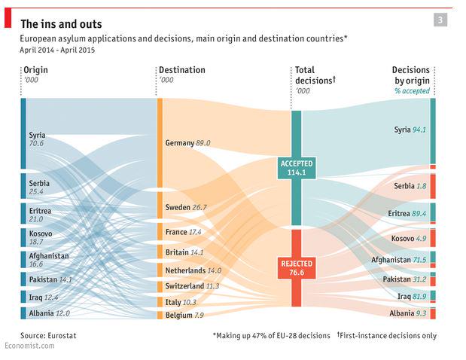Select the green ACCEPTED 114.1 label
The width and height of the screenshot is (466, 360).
coord(296,168)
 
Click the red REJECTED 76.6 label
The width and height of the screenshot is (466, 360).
coord(296,269)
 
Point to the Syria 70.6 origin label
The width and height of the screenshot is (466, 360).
coord(37,139)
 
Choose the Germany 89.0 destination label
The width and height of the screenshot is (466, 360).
coord(187,142)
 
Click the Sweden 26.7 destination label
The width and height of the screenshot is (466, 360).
coord(185,207)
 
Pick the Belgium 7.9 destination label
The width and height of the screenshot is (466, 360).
coord(184,315)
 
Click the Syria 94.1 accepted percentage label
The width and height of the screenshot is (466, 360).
coord(410,130)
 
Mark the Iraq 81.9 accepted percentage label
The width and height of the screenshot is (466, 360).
coord(412,297)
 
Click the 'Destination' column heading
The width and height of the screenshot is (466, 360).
coord(181,70)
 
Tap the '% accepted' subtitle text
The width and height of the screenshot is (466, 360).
coord(412,90)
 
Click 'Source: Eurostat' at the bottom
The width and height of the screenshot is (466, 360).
coord(48,336)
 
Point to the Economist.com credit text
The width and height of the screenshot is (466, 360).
coord(29,346)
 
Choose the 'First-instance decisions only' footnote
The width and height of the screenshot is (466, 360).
coord(387,336)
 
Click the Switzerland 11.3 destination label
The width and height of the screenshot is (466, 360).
coord(192,286)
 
